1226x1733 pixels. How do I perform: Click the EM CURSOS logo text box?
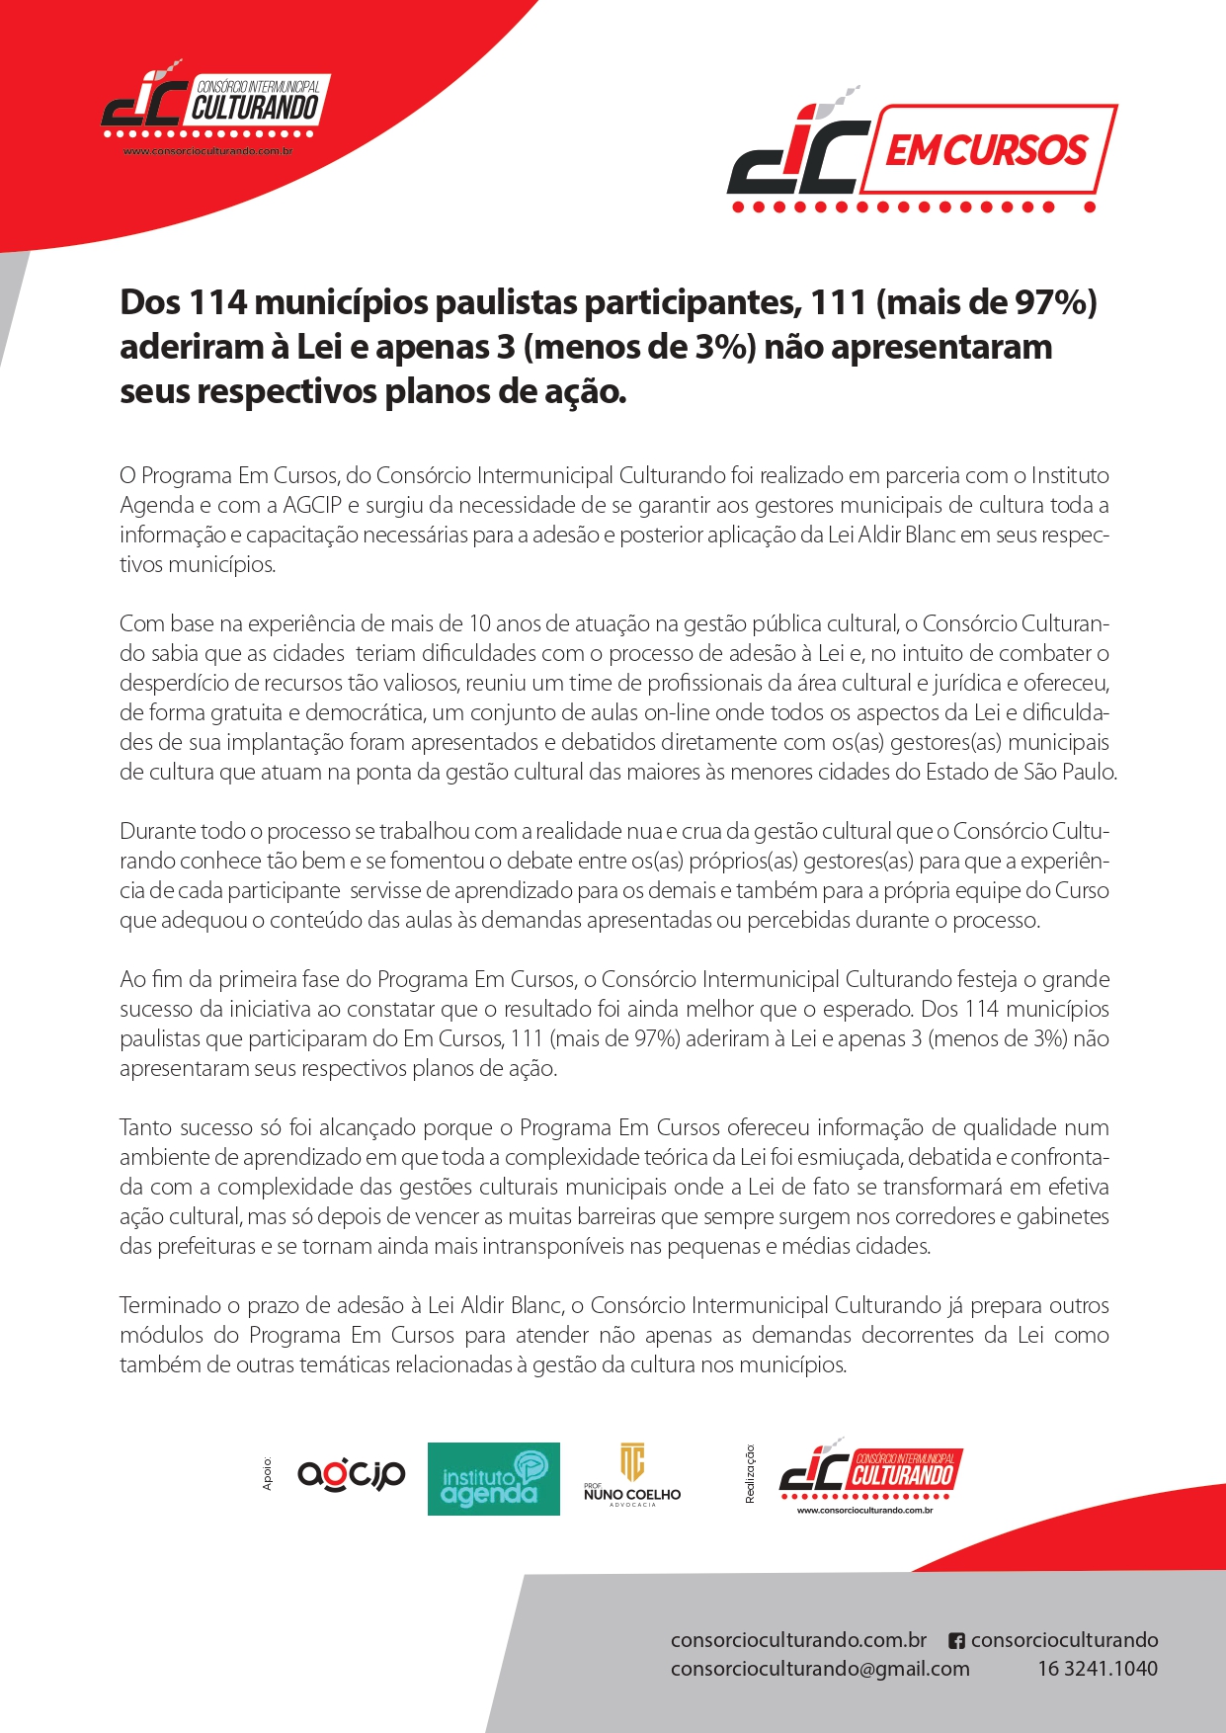click(x=988, y=150)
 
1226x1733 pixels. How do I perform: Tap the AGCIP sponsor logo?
click(x=351, y=1475)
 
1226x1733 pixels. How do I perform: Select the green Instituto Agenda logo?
click(x=493, y=1479)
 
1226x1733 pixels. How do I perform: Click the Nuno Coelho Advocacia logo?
click(x=632, y=1475)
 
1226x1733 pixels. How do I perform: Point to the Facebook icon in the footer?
click(x=956, y=1641)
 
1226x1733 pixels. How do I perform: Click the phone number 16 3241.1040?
click(x=1097, y=1669)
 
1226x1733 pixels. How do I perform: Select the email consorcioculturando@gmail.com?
click(x=820, y=1669)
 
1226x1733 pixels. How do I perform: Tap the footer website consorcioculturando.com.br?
click(x=798, y=1640)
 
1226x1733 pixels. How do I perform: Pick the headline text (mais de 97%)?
click(x=987, y=302)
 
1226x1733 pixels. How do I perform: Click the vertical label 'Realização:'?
click(x=750, y=1473)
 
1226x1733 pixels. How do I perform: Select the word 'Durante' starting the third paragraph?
click(x=157, y=831)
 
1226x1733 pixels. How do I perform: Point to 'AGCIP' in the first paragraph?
click(x=312, y=505)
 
